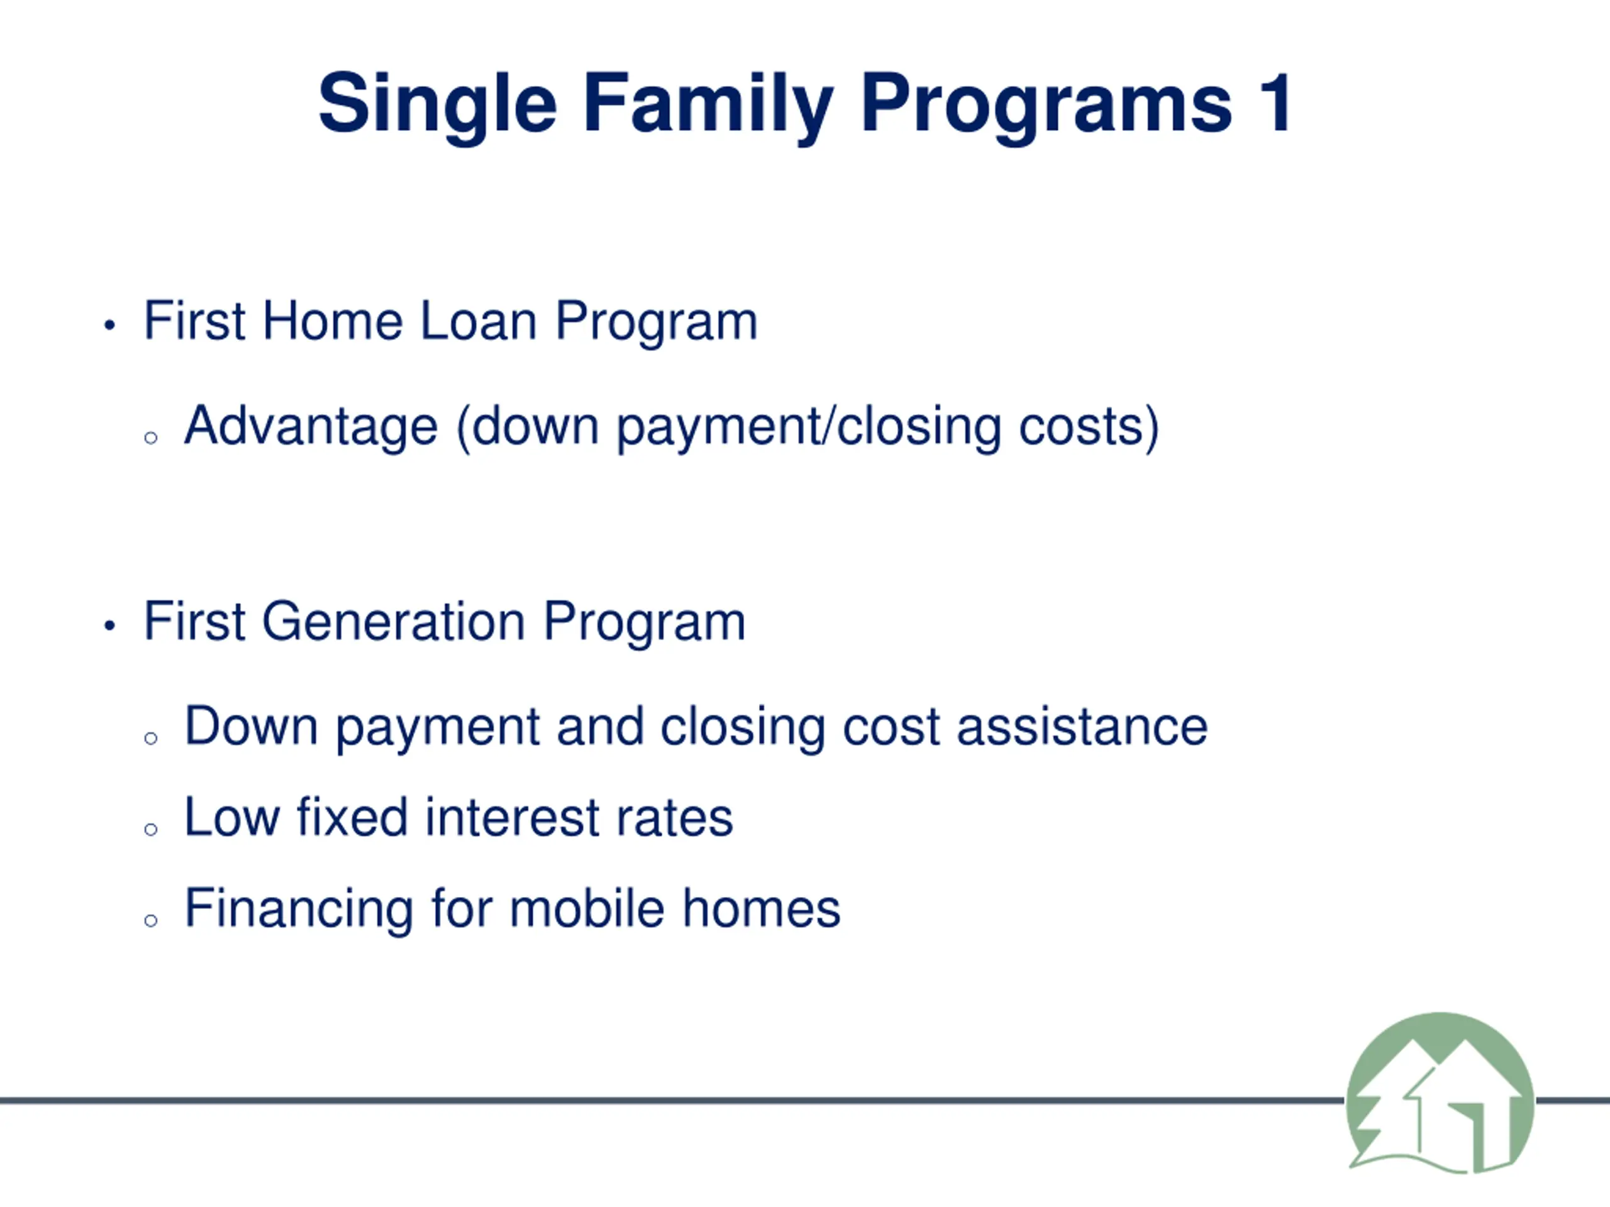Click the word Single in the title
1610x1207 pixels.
point(438,107)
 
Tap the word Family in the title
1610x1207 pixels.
point(708,107)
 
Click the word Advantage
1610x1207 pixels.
point(311,427)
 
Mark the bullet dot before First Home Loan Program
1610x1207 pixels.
point(110,324)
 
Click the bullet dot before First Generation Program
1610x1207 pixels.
point(110,625)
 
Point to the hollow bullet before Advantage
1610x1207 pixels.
point(151,438)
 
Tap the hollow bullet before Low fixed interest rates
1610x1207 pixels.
point(151,829)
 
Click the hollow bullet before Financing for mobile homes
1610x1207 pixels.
point(151,920)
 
